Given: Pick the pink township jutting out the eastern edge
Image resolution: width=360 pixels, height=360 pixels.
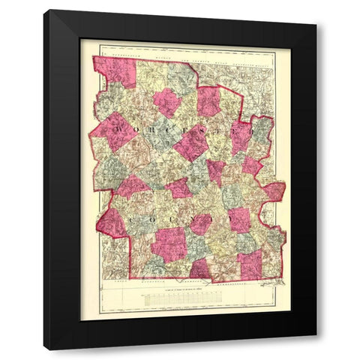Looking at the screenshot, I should click(x=274, y=190).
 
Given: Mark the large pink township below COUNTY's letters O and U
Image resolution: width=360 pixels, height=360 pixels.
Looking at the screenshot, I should click(x=167, y=244).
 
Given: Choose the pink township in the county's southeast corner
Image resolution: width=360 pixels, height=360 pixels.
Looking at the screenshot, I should click(x=250, y=265).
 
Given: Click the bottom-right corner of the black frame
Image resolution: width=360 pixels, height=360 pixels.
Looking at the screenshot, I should click(x=316, y=349).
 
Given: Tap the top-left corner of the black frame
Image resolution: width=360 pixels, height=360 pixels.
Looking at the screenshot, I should click(x=43, y=10).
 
